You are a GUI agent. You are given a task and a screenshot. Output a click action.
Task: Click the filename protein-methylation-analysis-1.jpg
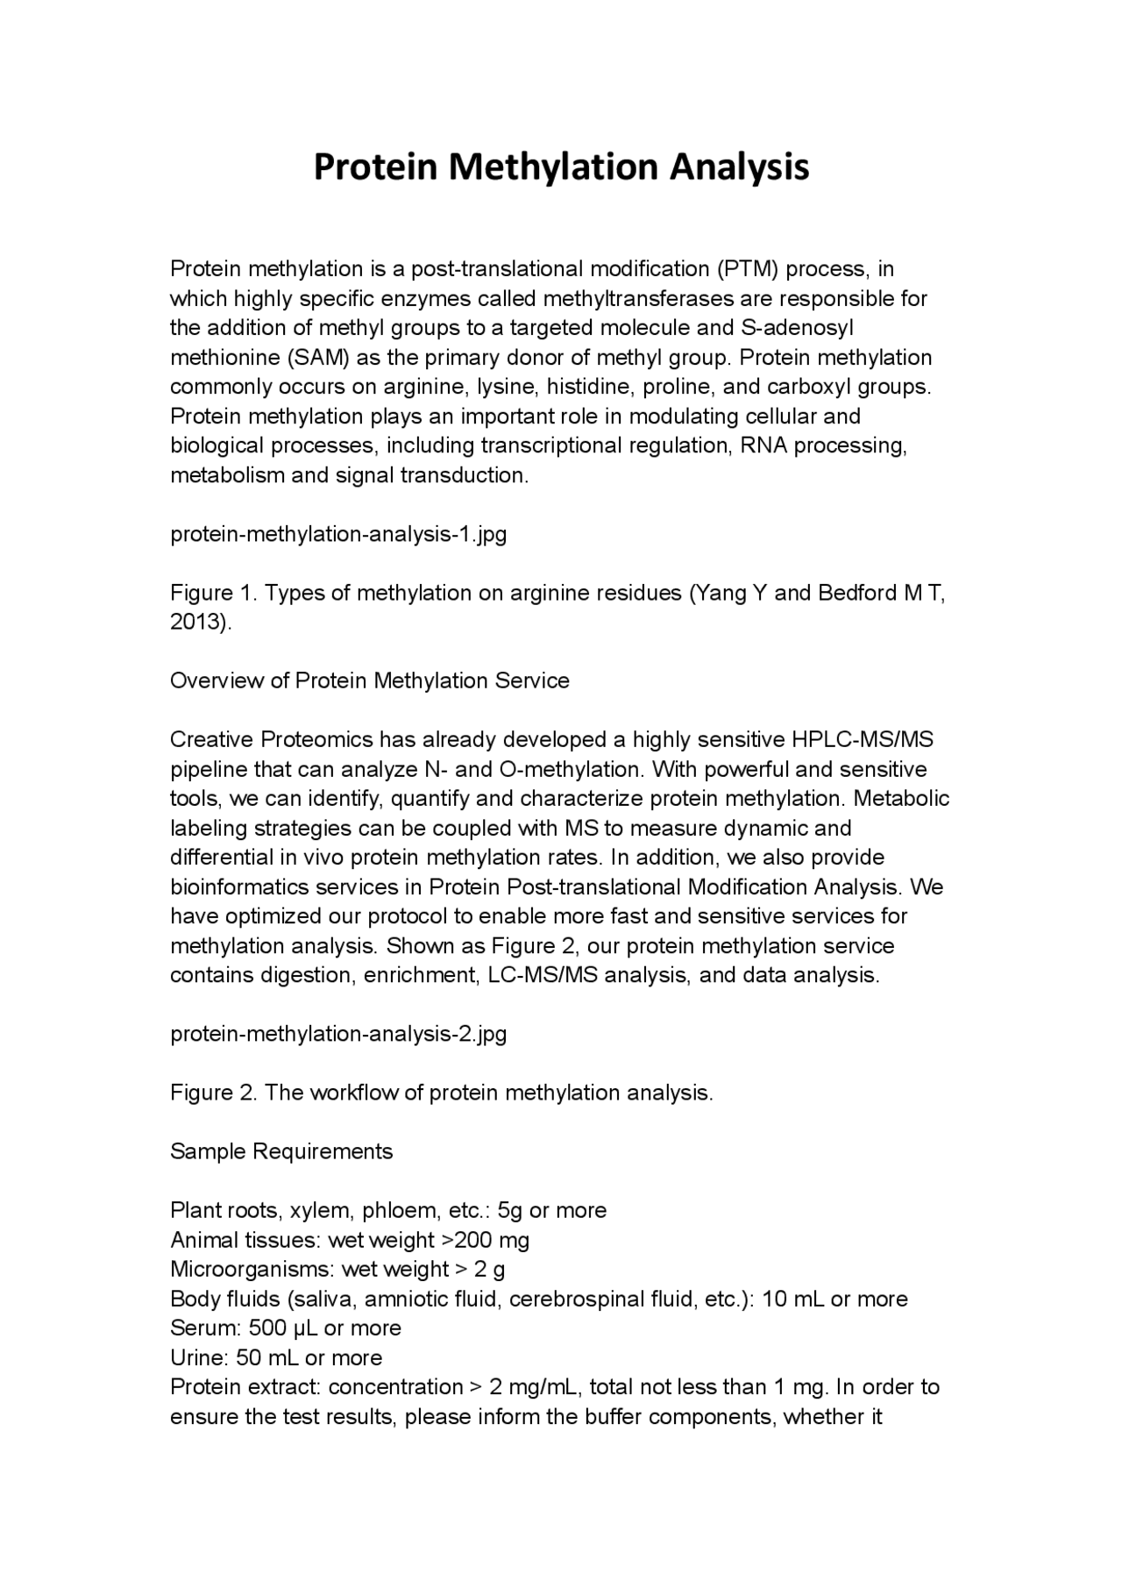point(337,534)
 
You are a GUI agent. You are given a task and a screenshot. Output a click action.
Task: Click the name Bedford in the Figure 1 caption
point(857,593)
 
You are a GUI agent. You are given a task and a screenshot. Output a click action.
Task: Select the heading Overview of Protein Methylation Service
point(369,681)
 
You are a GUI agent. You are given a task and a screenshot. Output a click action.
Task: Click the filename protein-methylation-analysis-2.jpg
point(337,1035)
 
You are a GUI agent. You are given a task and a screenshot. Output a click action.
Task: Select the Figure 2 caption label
point(212,1093)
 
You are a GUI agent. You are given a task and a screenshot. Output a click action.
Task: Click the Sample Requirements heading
point(281,1152)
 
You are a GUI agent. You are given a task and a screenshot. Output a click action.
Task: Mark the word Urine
point(198,1358)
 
